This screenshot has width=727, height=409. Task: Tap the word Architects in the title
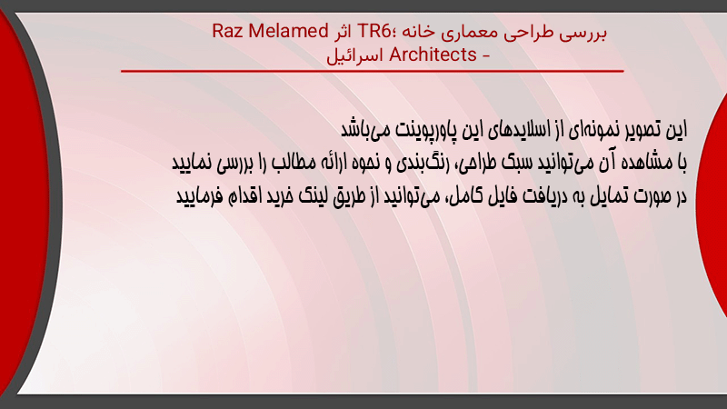click(433, 55)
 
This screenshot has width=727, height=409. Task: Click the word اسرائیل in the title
click(355, 55)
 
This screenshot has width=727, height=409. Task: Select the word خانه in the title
click(418, 32)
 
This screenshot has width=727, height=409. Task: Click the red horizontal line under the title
click(373, 72)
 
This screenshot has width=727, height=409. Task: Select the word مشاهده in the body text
click(648, 163)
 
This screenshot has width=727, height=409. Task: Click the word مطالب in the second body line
click(292, 163)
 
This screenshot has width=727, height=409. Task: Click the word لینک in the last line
click(313, 196)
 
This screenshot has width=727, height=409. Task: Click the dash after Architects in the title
click(485, 56)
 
